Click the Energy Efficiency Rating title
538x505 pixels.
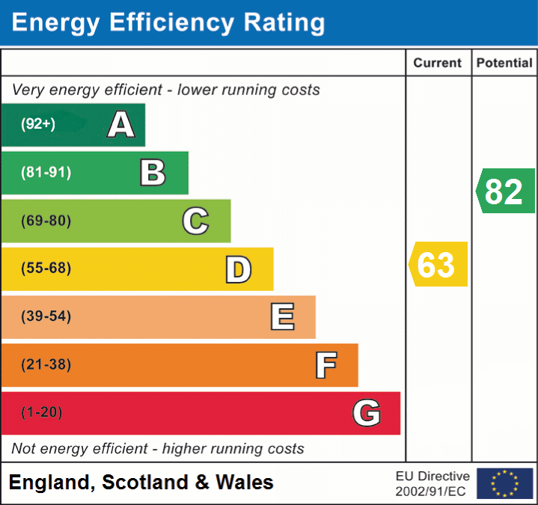tap(168, 23)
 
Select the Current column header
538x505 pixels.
tap(438, 64)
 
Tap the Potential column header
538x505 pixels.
tap(504, 64)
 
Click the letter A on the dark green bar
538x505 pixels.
tap(121, 125)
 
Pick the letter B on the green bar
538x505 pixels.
tap(153, 173)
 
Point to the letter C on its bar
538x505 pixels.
tap(195, 221)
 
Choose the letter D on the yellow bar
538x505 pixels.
tap(238, 269)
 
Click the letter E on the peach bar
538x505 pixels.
tap(282, 317)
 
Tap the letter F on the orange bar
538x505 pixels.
tap(325, 365)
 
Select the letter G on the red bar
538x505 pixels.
tap(367, 413)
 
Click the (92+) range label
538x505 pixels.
tap(38, 125)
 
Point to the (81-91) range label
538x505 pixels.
tap(46, 173)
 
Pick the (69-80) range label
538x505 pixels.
tap(46, 221)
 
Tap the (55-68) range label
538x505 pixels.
tap(46, 269)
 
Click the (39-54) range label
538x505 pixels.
tap(46, 316)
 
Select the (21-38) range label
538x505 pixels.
tap(46, 365)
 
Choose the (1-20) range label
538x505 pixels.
tap(42, 413)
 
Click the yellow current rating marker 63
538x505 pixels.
tap(438, 265)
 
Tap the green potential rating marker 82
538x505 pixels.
tap(505, 192)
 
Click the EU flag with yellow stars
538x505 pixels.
tap(504, 483)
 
